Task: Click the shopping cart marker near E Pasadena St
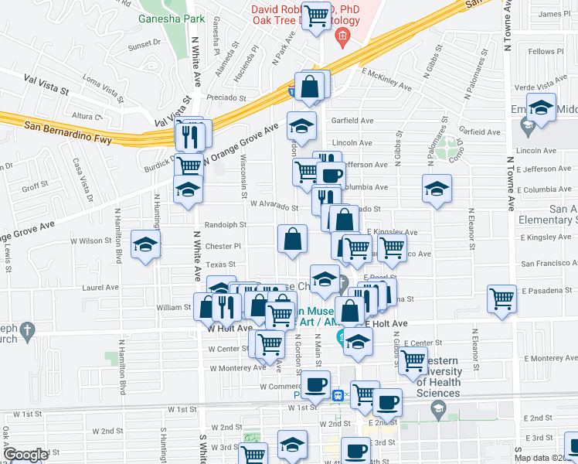(502, 300)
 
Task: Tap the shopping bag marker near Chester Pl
(293, 240)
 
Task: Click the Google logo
(25, 455)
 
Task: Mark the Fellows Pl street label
(542, 52)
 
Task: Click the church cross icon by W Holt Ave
(27, 331)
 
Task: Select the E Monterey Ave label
(549, 359)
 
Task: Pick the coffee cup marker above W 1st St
(314, 385)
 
